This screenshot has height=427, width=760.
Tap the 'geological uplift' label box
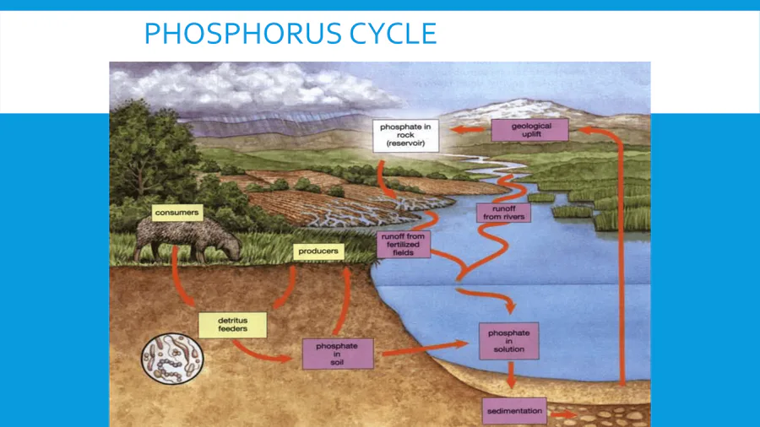point(531,130)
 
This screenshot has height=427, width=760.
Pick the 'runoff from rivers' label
point(504,213)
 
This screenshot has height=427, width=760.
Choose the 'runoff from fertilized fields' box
point(404,244)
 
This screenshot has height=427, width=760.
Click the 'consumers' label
point(176,213)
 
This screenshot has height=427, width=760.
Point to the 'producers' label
point(318,251)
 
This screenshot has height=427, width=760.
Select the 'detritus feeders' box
point(232,324)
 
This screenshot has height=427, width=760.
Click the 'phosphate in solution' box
point(508,341)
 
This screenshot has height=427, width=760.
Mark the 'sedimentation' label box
point(514,412)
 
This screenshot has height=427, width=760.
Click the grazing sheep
point(187,241)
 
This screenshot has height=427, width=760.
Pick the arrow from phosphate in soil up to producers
point(343,300)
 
